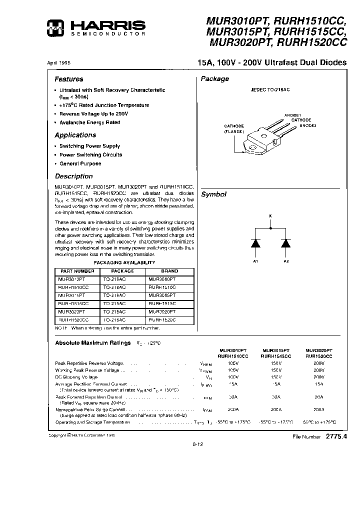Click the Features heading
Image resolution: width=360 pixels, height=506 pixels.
pos(69,79)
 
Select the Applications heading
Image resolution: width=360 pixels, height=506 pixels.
pos(75,135)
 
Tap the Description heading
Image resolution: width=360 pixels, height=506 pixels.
pos(73,176)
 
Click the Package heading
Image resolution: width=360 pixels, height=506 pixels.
pos(215,79)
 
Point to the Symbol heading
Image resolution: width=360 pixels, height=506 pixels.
pos(214,194)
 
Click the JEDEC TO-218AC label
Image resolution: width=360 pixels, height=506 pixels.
pos(270,89)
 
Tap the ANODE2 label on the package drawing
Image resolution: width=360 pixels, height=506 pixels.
pos(308,125)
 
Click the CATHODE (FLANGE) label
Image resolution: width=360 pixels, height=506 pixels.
pos(233,128)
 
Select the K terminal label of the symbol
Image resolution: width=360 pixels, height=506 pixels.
pos(270,216)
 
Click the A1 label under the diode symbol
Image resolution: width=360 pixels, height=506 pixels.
pos(255,261)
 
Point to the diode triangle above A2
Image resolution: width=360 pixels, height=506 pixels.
pos(286,243)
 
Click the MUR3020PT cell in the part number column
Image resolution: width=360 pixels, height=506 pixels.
pos(71,311)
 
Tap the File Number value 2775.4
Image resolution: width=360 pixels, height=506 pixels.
pos(336,436)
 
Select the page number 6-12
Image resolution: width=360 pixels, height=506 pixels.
pos(198,443)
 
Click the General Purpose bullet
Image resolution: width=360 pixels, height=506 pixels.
pos(80,163)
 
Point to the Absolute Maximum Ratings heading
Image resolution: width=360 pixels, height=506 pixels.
pos(93,343)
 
